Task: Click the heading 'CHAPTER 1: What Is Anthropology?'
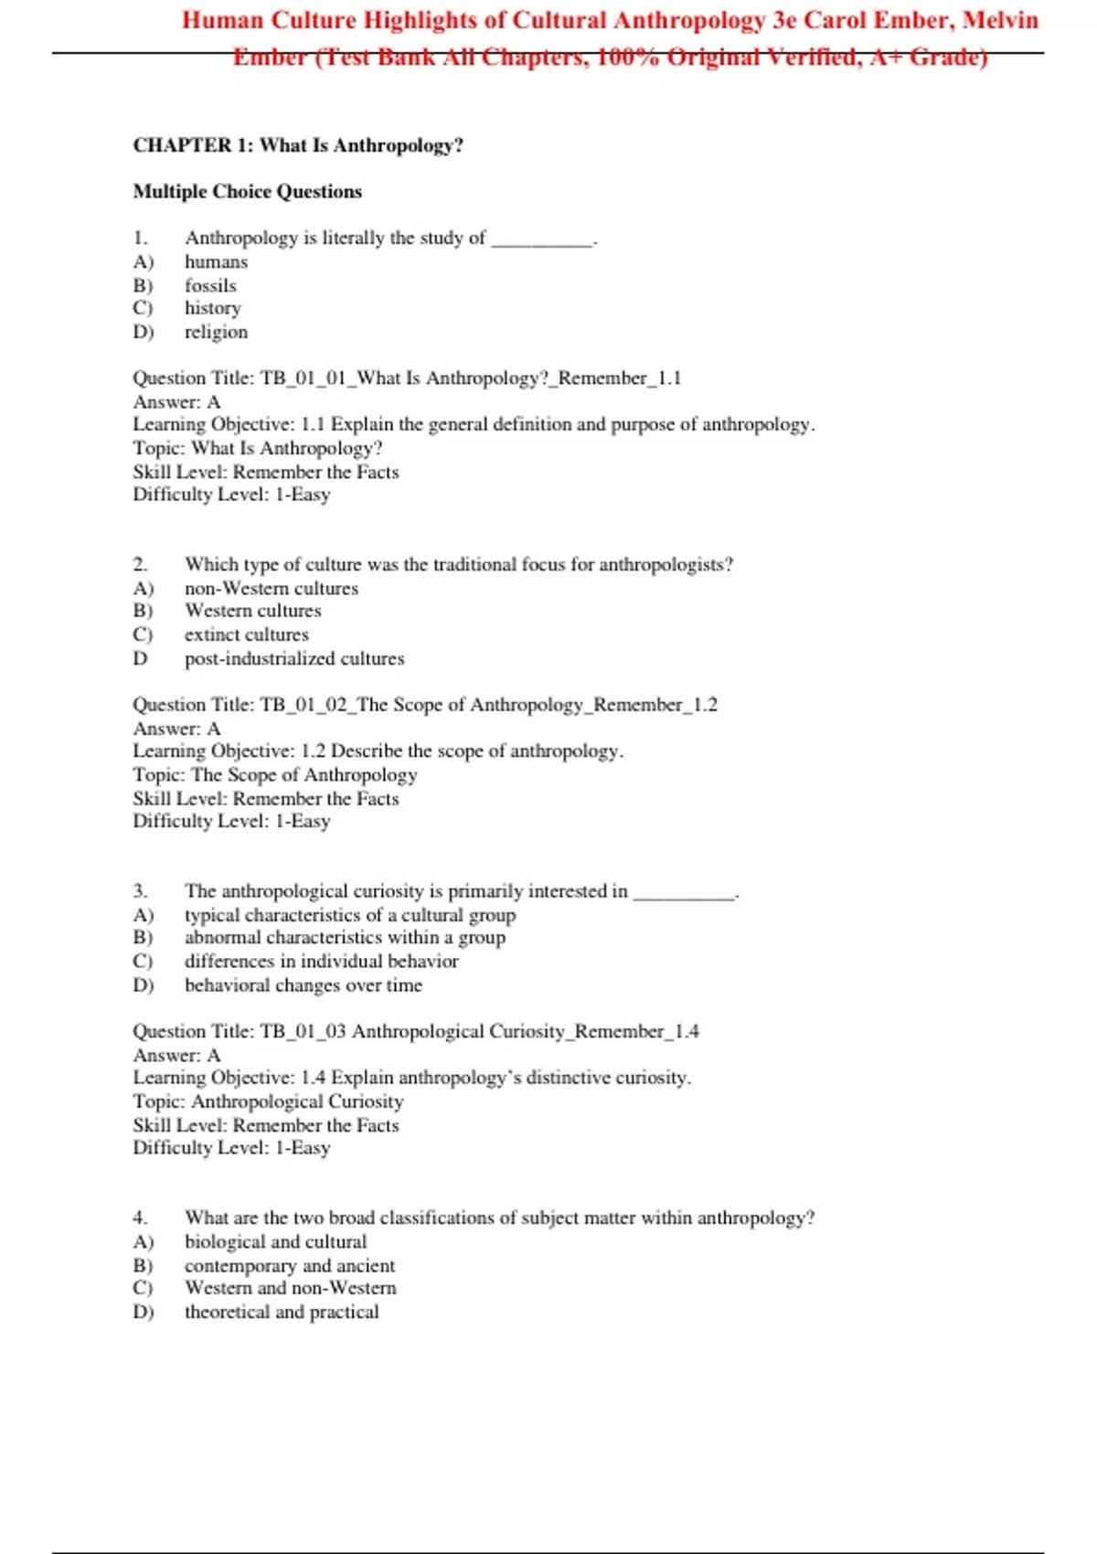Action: click(x=298, y=145)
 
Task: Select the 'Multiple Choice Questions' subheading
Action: click(x=247, y=191)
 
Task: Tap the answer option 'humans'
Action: click(x=216, y=262)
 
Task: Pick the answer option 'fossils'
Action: click(x=210, y=286)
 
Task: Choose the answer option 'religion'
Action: click(x=216, y=332)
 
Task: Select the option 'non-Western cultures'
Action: click(x=272, y=589)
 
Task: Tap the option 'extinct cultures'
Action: click(x=246, y=634)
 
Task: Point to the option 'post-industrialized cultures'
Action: click(x=294, y=658)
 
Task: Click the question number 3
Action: click(x=140, y=891)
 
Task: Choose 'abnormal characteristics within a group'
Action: click(x=345, y=938)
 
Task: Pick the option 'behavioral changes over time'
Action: click(x=304, y=985)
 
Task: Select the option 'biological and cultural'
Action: click(x=275, y=1242)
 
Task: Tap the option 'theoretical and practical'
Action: click(x=282, y=1312)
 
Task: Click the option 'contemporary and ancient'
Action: click(x=290, y=1266)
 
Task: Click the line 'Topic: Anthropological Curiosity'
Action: click(x=268, y=1102)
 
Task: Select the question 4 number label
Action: click(x=140, y=1218)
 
